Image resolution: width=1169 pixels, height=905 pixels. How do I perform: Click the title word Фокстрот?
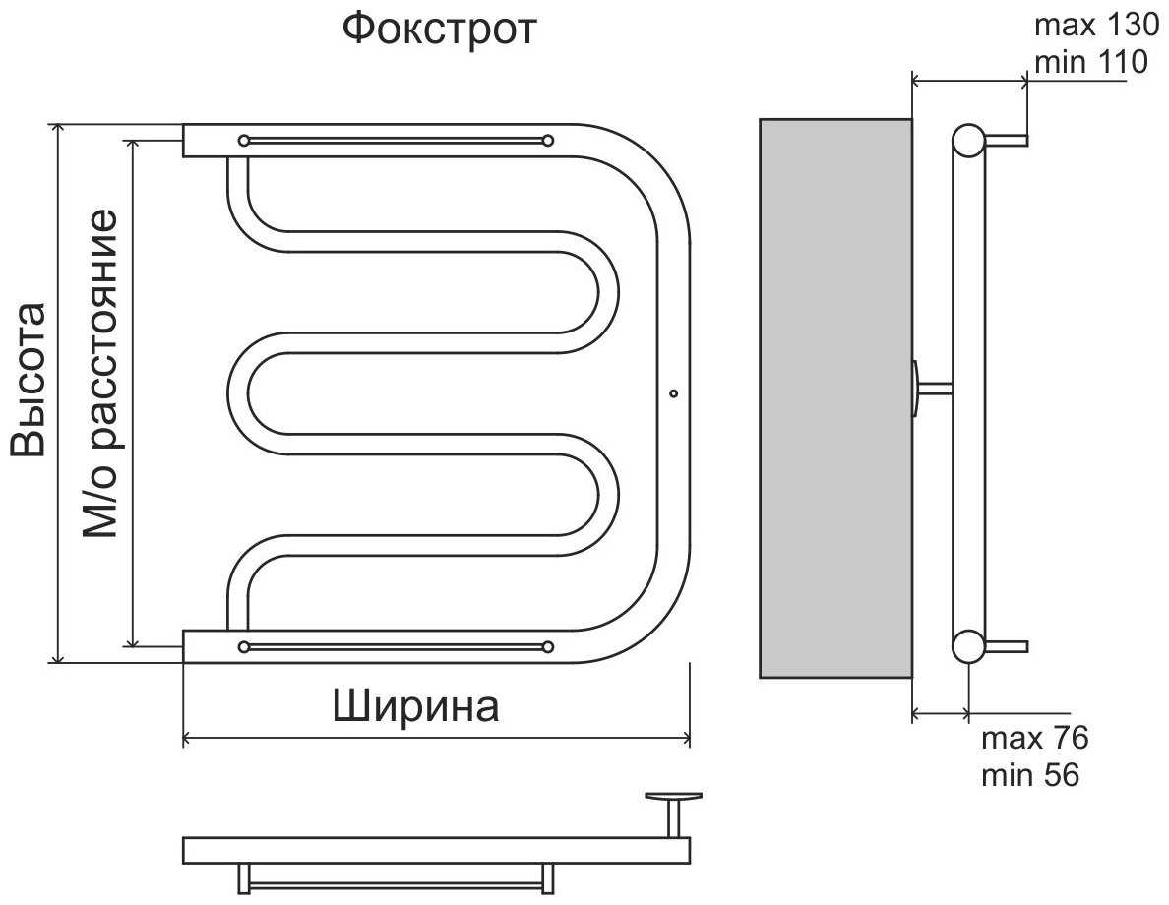[439, 29]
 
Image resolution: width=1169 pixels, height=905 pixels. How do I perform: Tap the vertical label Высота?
[29, 380]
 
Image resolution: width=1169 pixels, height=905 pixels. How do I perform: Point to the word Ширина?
[415, 706]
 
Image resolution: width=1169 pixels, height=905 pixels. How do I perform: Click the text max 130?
[1088, 25]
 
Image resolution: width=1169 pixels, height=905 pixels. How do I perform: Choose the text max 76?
[1034, 738]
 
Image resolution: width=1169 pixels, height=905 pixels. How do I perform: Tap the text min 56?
[1030, 775]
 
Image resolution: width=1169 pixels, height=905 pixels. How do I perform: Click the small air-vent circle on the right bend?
[673, 394]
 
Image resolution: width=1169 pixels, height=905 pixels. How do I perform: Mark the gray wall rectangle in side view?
[835, 397]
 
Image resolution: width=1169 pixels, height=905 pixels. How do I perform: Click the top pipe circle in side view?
[968, 141]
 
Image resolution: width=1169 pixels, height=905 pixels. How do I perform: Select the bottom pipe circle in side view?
[968, 646]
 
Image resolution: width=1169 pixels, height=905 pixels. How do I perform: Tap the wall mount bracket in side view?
[930, 388]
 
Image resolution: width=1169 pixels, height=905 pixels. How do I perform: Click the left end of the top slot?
[244, 140]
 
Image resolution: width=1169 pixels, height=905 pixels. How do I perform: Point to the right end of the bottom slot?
[548, 646]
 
